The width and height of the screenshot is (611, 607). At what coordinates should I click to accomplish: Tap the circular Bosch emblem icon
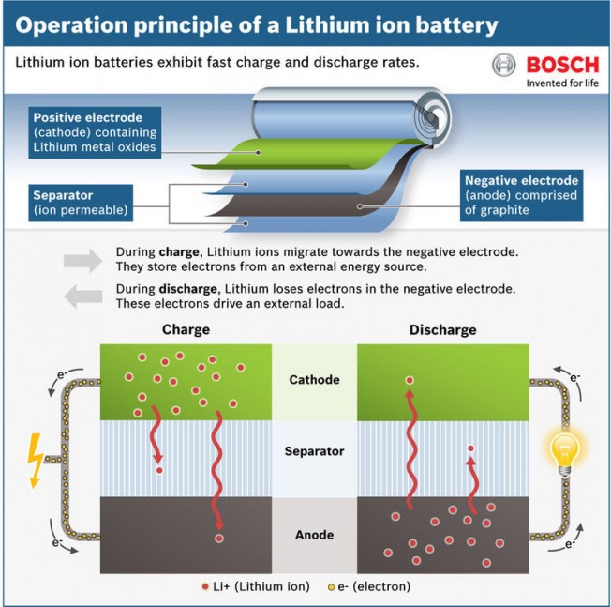click(504, 66)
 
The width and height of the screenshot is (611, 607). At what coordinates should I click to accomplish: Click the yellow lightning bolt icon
click(36, 459)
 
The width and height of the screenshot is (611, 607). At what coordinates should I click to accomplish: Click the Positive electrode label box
click(94, 132)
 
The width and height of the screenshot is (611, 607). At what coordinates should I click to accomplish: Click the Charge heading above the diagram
click(186, 330)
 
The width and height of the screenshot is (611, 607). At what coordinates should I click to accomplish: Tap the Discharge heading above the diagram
click(442, 330)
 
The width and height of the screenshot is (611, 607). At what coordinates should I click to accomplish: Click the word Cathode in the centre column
click(314, 380)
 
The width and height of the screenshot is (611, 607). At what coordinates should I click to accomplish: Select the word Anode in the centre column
click(314, 535)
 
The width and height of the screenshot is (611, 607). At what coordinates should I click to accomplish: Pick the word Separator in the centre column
click(314, 451)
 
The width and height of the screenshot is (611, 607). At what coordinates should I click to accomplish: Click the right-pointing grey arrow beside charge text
click(82, 260)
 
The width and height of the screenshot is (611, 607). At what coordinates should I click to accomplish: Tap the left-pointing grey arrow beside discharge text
click(82, 296)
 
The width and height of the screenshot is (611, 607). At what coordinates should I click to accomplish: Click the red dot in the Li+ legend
click(204, 587)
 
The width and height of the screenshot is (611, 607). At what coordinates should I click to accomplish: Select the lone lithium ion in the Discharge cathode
click(409, 380)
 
